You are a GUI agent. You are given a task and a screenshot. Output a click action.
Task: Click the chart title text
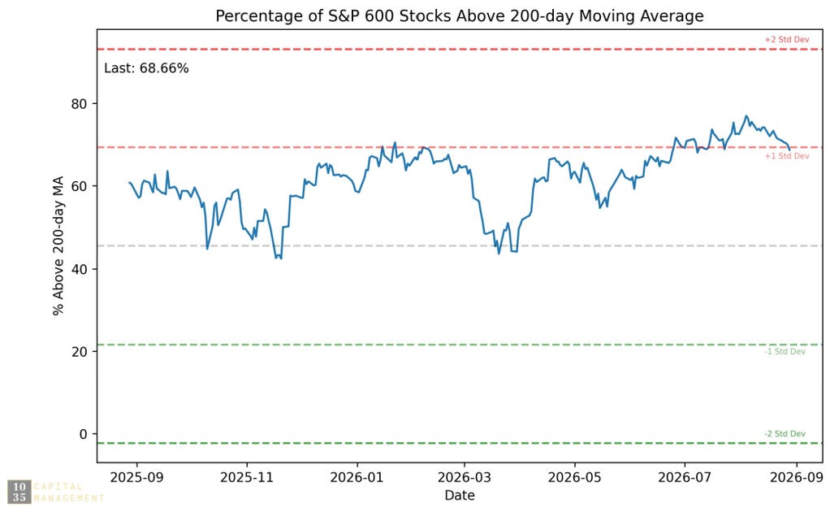460,16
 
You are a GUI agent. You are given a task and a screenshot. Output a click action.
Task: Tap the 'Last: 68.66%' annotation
146,68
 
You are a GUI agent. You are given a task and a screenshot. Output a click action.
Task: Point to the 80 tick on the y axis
79,104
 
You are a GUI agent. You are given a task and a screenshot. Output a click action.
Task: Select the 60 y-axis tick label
79,186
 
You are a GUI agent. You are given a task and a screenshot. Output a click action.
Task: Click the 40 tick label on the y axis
79,269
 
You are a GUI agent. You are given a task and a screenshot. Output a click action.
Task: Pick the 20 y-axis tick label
79,352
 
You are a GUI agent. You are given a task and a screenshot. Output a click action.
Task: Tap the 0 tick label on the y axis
83,434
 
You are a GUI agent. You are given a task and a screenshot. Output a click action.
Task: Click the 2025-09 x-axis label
136,478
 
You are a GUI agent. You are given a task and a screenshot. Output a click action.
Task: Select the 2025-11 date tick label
247,478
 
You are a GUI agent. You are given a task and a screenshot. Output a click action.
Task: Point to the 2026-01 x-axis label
357,478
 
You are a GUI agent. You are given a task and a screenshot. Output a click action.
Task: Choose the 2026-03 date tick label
465,478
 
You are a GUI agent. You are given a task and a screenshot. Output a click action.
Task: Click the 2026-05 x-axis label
575,478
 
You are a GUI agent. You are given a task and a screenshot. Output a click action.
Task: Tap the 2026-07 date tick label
685,478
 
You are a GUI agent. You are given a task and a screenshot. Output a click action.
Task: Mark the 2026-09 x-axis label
797,478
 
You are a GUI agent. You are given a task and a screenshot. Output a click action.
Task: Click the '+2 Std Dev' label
787,40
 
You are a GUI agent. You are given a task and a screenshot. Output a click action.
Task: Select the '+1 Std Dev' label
787,156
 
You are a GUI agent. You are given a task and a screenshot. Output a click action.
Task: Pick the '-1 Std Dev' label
785,352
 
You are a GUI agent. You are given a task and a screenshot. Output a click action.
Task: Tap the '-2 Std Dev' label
785,434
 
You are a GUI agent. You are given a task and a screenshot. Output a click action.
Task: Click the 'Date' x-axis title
460,496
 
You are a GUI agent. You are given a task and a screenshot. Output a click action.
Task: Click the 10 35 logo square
19,492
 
